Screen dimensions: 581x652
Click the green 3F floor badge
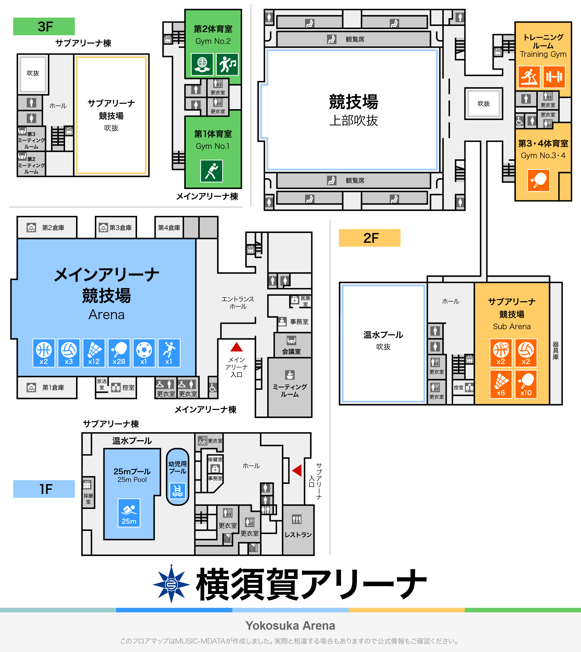(x=44, y=26)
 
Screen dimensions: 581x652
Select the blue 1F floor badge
(x=44, y=489)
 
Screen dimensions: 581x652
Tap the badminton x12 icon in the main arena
(x=94, y=353)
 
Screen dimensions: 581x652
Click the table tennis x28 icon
(x=119, y=353)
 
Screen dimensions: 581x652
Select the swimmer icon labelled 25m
(x=129, y=513)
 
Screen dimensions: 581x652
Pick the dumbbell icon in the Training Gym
(x=554, y=77)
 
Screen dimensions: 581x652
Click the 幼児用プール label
(x=178, y=467)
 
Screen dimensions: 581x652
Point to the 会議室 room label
(x=291, y=351)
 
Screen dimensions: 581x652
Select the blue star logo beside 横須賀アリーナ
(x=171, y=584)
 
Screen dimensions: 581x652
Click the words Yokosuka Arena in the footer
(x=290, y=626)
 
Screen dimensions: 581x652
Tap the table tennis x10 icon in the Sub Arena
(x=526, y=384)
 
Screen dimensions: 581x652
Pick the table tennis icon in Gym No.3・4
(x=538, y=180)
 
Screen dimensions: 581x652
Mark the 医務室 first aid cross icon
(x=294, y=300)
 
